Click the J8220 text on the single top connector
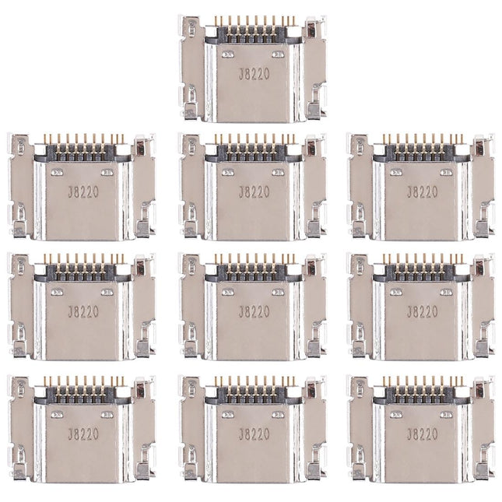click(x=251, y=72)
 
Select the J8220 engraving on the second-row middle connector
click(x=251, y=191)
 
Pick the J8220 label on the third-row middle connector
click(x=251, y=311)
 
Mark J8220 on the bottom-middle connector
click(x=251, y=433)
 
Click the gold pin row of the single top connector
click(x=251, y=20)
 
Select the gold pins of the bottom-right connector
click(x=421, y=381)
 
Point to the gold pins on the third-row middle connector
click(x=251, y=260)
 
